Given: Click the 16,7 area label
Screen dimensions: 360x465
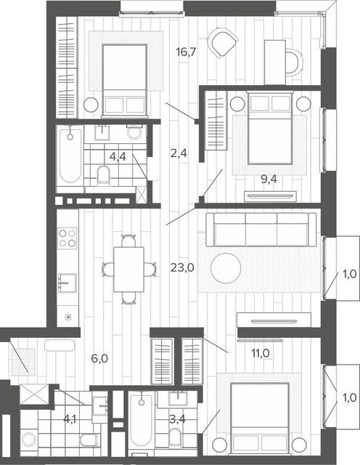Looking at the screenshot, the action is coord(186,52).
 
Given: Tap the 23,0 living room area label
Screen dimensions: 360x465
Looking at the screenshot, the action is coord(182,268).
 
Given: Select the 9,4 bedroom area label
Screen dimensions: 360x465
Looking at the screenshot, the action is coord(269,179).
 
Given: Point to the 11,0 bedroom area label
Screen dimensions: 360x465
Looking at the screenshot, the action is coord(261,353).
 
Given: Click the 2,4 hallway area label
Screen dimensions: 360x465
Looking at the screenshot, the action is coord(179,153).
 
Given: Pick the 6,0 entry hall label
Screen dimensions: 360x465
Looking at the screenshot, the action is coord(99,359).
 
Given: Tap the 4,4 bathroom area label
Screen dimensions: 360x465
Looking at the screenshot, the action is coord(118,157).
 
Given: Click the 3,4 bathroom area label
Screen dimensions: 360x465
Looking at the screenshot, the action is coord(177,419).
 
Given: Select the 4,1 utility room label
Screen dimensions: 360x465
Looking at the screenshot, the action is coord(70,419).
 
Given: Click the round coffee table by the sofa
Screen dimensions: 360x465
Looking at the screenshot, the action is coord(226,268).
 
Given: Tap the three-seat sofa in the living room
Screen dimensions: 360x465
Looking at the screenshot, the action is coord(261,230).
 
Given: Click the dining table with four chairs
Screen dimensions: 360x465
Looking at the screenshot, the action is coord(129,270).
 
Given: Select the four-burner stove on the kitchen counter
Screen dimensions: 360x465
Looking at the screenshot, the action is coord(67,238).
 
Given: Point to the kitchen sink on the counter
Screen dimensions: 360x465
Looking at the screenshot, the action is coord(67,283).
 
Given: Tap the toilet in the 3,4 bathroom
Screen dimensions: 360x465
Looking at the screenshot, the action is coord(174,437).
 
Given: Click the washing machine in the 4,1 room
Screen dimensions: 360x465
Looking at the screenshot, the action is coord(29,440).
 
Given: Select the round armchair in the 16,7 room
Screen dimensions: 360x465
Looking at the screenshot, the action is coord(223,42).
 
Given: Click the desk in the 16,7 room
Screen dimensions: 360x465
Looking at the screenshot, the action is coord(275,62).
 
